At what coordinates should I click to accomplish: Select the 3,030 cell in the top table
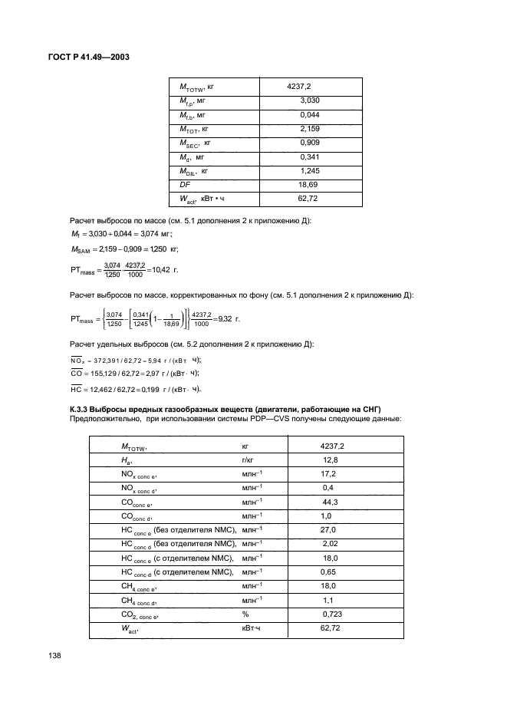point(309,100)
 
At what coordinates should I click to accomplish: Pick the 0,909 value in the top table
point(309,143)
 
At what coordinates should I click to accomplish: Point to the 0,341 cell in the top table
point(309,157)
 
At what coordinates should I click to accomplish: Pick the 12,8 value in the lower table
point(331,459)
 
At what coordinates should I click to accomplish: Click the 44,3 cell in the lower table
point(331,502)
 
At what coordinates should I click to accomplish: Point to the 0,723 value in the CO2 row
point(332,615)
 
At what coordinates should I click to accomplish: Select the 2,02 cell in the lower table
point(331,544)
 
